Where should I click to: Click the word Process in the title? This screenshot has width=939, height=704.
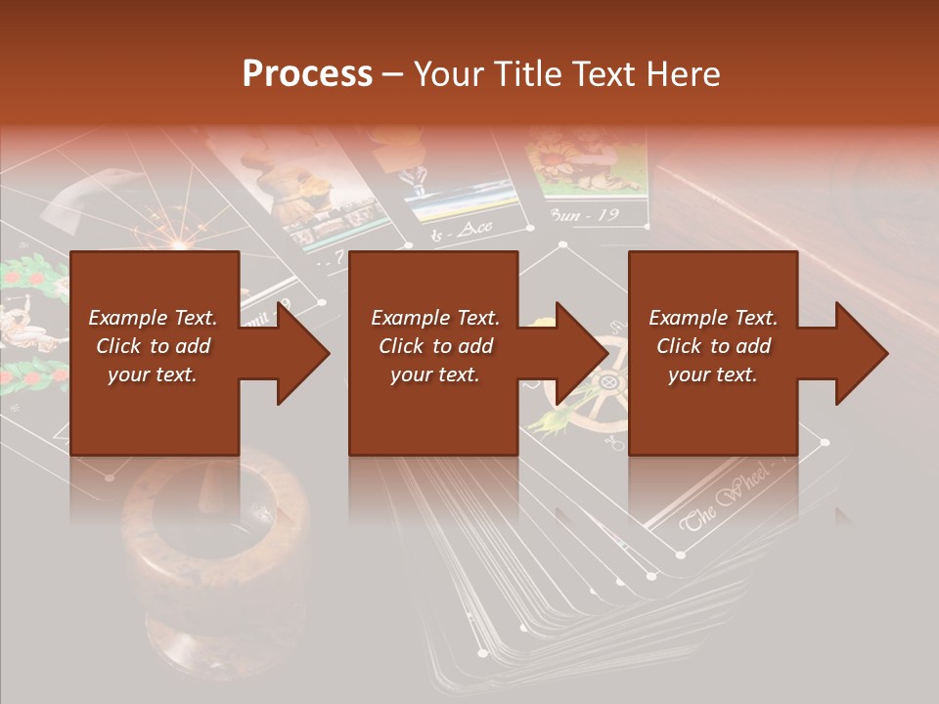307,73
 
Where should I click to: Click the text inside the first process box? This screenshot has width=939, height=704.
154,346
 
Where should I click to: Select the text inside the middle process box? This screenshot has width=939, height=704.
434,346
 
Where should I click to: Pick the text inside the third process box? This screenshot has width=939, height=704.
713,346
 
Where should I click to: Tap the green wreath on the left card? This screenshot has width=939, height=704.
29,323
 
